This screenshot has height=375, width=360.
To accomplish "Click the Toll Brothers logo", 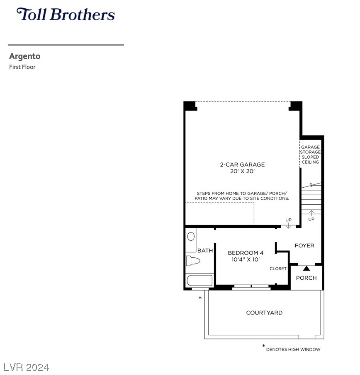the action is point(66,14).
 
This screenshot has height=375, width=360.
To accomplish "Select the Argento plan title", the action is point(24,56).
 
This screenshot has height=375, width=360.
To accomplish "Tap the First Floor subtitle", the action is point(22,67).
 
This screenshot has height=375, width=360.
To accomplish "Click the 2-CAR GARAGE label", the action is point(242,165).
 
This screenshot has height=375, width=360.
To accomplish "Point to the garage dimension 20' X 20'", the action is point(242,171).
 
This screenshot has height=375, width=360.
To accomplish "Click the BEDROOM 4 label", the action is point(246,253).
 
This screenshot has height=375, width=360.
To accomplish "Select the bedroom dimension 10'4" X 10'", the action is point(246,259).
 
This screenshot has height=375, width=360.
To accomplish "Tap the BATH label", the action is point(205,251).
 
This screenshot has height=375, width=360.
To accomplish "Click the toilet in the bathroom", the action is point(193,261).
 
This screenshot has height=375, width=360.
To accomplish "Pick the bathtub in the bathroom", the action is point(199,280).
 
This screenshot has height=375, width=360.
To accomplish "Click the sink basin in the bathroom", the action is point(191,237).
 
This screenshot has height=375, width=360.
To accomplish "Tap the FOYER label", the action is point(304,246).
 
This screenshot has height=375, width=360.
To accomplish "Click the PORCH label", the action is point(306,278).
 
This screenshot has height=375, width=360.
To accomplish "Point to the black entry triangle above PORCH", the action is point(306,269).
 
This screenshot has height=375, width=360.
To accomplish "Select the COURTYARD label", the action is point(264,313).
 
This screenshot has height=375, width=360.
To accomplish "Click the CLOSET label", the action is point(278,269).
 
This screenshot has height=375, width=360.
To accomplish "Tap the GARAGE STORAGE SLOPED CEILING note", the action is point(310,155).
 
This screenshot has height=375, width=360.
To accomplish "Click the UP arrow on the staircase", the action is point(311,213).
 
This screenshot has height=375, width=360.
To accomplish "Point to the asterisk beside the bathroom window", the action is point(200,298).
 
